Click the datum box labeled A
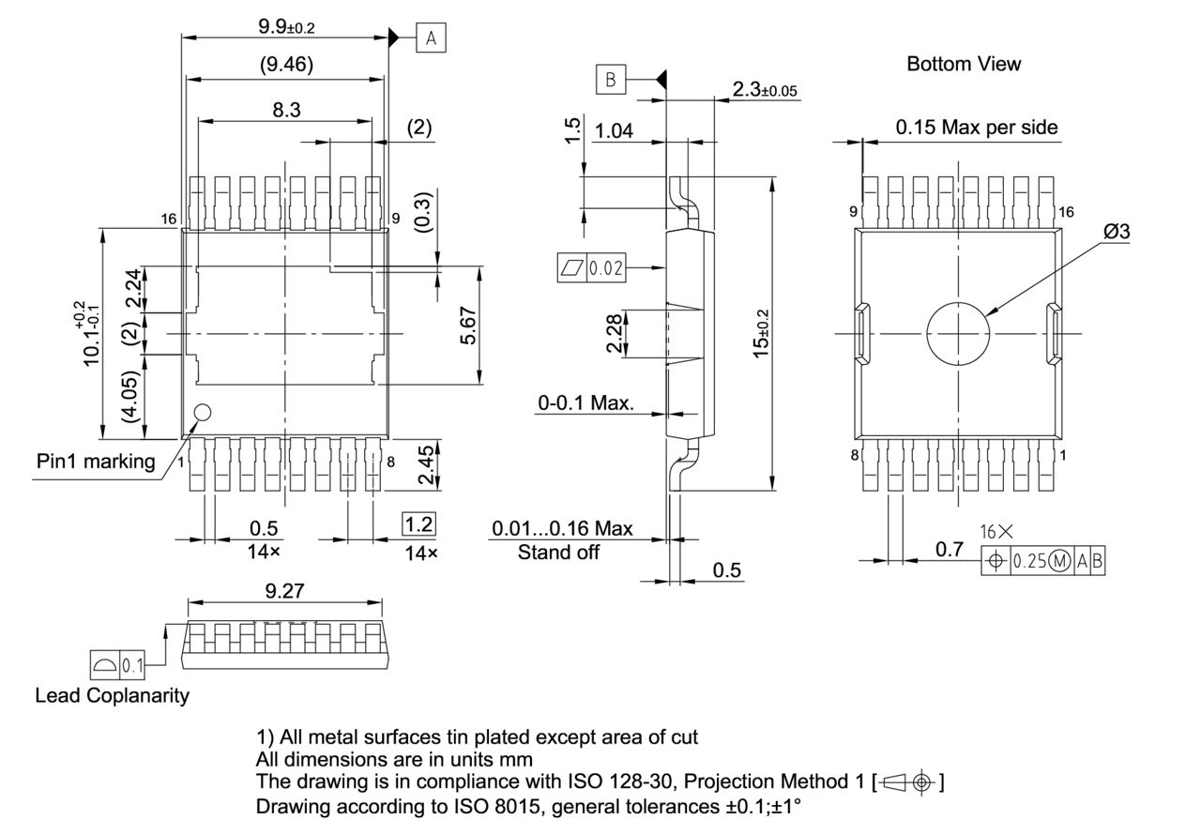point(431,38)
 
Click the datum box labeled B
point(610,81)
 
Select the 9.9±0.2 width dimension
point(286,26)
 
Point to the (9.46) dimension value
point(286,65)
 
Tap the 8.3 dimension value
point(286,110)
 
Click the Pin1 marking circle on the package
point(202,411)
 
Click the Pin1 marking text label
point(96,461)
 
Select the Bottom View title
point(963,64)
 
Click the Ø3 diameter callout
point(1116,232)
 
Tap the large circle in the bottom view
point(958,333)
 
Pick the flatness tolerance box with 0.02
point(591,268)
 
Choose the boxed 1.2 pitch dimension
point(418,523)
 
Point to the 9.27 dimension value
point(286,591)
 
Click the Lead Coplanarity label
point(112,696)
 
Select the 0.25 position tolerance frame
point(1042,561)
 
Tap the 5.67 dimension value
point(469,326)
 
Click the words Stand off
point(558,553)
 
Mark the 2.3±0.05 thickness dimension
point(764,90)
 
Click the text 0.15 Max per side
point(976,127)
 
